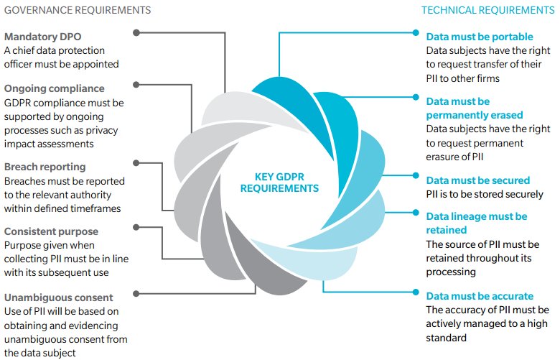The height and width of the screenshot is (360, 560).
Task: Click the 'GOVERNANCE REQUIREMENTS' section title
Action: pos(78,10)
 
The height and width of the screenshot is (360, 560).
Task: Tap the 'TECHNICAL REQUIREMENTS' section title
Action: pos(488,10)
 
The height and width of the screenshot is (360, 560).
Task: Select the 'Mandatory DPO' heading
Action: pos(43,37)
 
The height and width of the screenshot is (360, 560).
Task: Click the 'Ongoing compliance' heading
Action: pos(55,88)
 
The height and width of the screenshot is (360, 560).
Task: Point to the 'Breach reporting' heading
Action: pos(45,167)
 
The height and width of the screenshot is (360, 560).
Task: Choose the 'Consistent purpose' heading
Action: pos(51,231)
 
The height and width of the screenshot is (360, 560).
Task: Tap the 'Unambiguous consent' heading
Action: pos(59,297)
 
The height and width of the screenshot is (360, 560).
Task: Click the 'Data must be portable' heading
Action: pos(480,37)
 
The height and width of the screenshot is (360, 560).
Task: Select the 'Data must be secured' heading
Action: pos(478,180)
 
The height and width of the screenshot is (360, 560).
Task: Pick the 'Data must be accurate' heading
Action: pos(480,296)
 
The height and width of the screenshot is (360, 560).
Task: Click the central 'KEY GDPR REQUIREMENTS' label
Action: pos(279,183)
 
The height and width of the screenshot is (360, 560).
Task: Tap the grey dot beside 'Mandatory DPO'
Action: pos(136,33)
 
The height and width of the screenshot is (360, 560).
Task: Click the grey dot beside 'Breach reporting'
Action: pos(136,163)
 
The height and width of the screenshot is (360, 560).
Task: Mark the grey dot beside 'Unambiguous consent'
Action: pos(136,294)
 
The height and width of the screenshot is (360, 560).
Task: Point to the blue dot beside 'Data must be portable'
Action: pos(416,33)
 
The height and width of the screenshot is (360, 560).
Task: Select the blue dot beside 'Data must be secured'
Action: pos(416,175)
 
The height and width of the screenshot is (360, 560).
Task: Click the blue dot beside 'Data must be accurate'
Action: pos(416,292)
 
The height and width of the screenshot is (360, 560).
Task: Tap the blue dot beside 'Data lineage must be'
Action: pos(416,213)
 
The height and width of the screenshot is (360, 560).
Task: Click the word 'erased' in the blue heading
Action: pos(505,115)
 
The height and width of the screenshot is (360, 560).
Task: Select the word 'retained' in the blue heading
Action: pos(447,230)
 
